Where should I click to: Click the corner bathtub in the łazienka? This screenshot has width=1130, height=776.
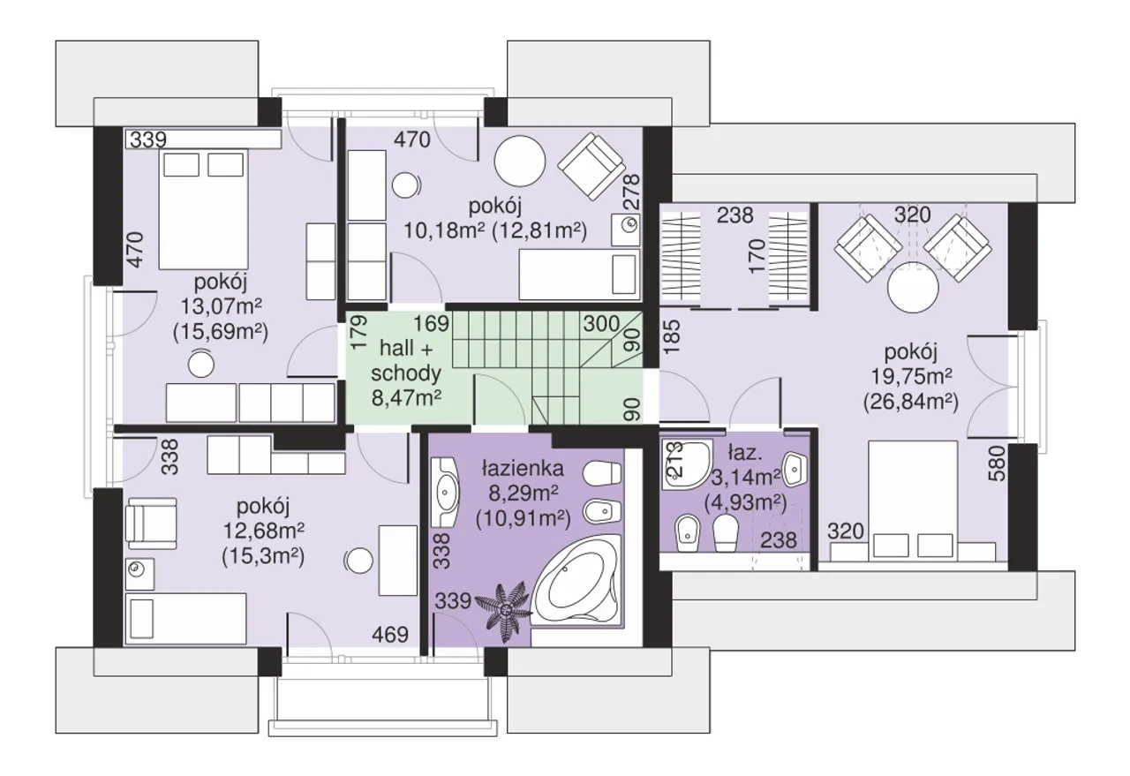point(576,581)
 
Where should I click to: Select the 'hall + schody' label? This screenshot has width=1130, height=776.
point(405,360)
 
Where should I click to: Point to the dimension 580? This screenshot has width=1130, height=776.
point(998,463)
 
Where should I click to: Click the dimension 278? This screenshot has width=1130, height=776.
point(631,192)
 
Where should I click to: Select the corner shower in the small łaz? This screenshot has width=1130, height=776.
point(686,464)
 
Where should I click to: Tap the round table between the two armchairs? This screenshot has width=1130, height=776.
point(913,288)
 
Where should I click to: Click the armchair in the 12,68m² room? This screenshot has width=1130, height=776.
point(151,524)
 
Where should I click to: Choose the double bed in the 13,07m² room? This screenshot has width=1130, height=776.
point(203,209)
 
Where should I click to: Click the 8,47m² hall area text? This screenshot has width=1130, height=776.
point(407,399)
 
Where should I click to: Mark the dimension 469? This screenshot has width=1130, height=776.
point(390,634)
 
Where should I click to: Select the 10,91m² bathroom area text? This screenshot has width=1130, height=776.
point(524,519)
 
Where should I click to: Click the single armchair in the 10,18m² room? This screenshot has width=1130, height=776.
point(591,166)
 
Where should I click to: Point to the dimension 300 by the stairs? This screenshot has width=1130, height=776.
point(601,324)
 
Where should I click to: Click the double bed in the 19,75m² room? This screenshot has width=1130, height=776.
point(913,500)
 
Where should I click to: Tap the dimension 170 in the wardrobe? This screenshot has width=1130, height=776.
point(757,256)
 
